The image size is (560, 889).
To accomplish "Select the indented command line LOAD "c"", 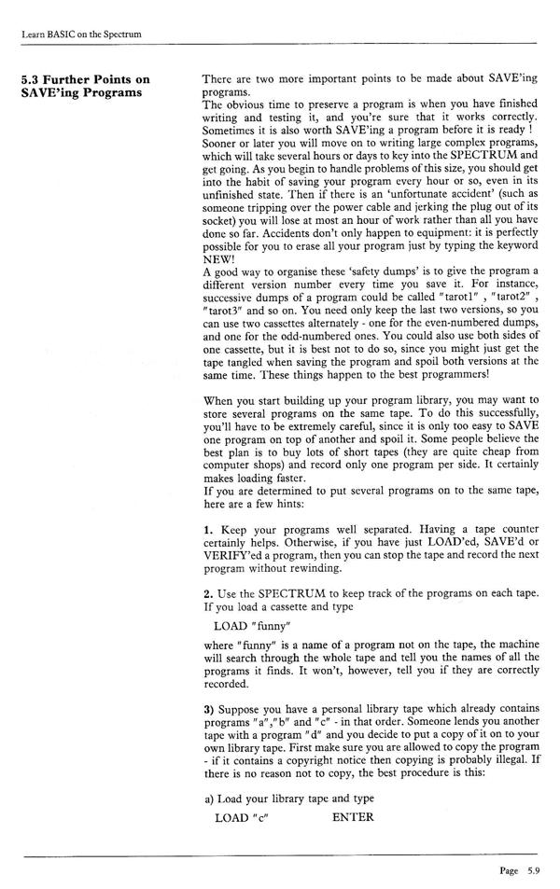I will click(x=246, y=817).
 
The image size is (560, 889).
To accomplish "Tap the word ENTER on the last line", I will click(x=353, y=817).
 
